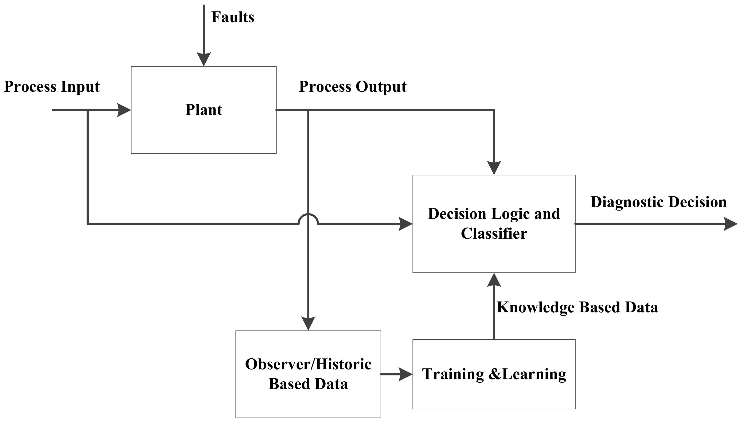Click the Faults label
coord(233,17)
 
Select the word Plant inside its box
coord(204,110)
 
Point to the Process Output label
coord(353,87)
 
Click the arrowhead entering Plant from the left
coord(124,110)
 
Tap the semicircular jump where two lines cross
coord(308,218)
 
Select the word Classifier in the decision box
coord(494,234)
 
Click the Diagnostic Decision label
coord(658,202)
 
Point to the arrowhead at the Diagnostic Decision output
coord(730,224)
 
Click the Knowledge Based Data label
coord(577,307)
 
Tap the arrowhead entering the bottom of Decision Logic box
coord(494,280)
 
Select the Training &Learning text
coord(494,374)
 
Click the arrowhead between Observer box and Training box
coord(405,374)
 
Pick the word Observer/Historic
coord(308,364)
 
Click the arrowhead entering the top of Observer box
coord(308,323)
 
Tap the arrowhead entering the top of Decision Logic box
coord(494,168)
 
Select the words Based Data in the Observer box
coord(308,384)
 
